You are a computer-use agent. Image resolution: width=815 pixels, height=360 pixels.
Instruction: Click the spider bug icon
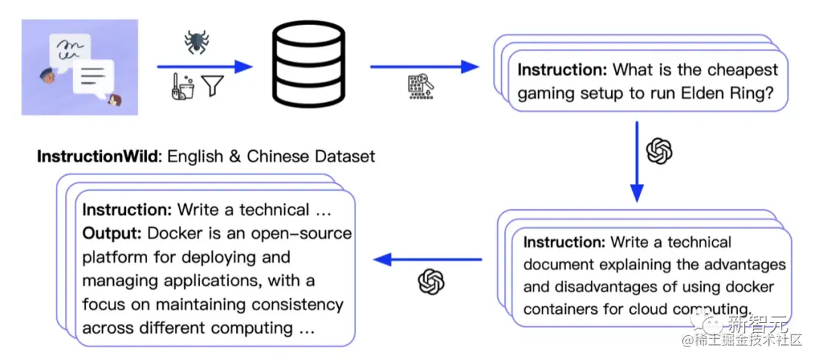click(196, 42)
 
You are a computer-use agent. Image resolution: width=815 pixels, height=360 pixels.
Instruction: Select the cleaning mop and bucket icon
click(183, 86)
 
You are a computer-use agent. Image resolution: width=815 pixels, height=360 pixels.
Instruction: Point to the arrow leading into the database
click(205, 66)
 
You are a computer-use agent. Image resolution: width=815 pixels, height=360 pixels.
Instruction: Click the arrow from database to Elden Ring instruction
click(424, 66)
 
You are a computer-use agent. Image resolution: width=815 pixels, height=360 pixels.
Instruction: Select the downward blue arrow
click(637, 162)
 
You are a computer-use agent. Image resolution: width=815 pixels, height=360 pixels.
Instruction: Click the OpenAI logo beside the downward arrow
click(659, 151)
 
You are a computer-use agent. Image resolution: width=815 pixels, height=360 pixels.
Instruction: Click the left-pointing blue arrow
click(428, 259)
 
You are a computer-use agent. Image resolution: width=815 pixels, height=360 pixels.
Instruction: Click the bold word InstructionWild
click(97, 156)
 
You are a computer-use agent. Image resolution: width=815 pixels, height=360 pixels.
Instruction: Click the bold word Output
click(112, 234)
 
